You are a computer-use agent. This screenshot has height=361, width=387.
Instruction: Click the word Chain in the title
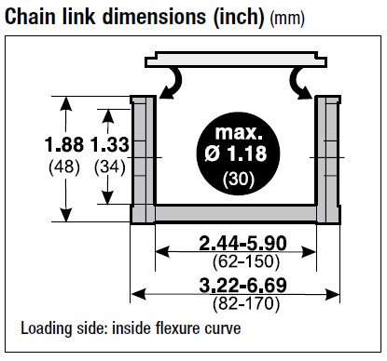(31, 16)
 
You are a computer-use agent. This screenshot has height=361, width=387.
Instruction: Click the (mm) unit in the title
(287, 19)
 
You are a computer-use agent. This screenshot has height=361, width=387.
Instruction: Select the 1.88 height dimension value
(64, 144)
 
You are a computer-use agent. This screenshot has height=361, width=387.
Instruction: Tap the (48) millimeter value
(64, 167)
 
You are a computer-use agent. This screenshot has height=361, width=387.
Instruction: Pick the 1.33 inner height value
(110, 144)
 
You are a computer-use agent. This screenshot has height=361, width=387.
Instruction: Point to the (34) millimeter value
(110, 167)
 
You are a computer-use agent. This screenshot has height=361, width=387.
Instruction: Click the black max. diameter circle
(239, 154)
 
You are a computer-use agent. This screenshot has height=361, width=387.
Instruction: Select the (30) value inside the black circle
(239, 179)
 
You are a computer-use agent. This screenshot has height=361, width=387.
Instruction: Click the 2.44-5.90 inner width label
(242, 243)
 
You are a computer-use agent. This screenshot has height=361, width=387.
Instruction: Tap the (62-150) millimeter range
(246, 261)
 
